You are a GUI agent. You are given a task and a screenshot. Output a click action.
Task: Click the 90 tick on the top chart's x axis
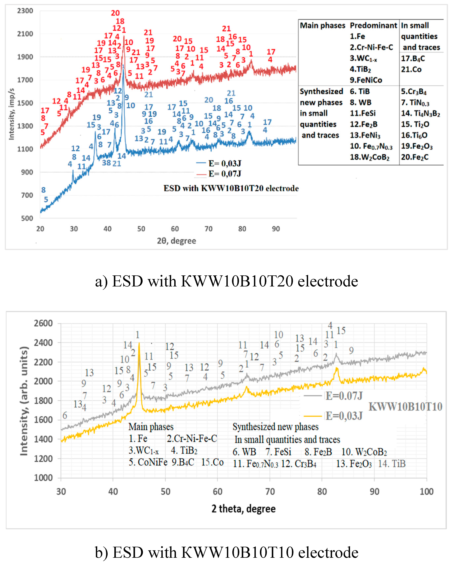(276, 229)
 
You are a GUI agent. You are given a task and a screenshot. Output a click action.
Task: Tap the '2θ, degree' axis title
(176, 241)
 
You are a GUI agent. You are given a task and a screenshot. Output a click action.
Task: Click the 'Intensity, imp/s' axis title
(12, 114)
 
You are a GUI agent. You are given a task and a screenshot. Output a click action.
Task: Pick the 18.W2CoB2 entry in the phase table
(369, 157)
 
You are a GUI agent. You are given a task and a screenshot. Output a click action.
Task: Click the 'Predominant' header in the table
(373, 25)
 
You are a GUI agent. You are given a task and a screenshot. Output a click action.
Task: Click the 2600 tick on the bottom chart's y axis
(43, 323)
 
